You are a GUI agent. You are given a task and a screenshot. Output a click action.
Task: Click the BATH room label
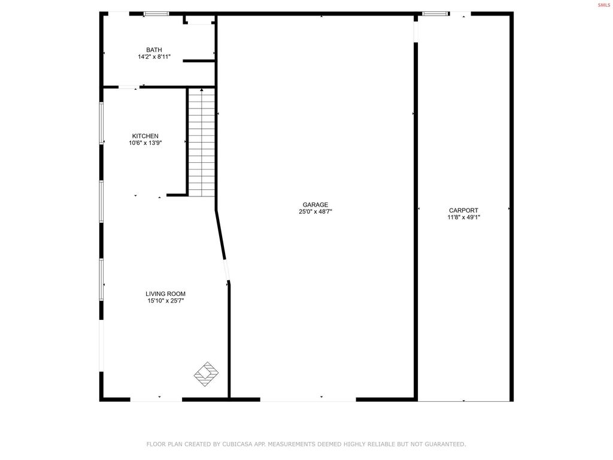[x=154, y=50]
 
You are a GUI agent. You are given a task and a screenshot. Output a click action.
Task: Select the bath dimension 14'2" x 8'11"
[x=154, y=57]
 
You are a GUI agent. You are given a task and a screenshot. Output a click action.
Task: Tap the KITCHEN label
[x=145, y=136]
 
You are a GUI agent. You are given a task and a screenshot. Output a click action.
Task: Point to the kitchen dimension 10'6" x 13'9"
[x=145, y=143]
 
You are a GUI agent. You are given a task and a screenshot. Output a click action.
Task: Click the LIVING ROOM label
[x=165, y=293]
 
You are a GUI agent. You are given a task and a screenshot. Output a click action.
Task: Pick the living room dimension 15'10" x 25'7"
[x=165, y=301]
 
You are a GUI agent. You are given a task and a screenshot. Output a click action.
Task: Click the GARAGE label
[x=315, y=204]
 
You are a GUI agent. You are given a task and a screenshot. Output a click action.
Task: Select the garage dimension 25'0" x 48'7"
[x=315, y=211]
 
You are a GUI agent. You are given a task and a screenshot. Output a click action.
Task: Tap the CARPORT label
[x=463, y=210]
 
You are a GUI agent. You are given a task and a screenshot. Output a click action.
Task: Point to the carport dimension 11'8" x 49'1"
[x=463, y=217]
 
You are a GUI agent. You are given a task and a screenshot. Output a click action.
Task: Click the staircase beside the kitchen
[x=202, y=142]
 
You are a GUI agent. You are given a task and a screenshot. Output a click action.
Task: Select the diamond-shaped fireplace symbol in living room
[x=206, y=374]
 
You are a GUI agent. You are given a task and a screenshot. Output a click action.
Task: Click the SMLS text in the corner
[x=604, y=5]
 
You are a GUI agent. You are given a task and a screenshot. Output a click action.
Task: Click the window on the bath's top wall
[x=156, y=14]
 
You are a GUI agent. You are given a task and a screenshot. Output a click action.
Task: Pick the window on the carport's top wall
[x=435, y=14]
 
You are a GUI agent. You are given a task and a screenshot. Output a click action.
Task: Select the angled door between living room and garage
[x=226, y=270]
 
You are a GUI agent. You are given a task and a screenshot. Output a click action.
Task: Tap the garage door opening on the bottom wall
[x=308, y=399]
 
